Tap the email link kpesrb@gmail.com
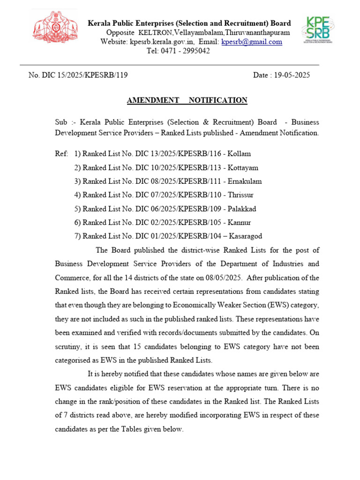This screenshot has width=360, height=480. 252,42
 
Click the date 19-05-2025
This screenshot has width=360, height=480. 293,75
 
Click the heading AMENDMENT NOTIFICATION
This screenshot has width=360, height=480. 187,100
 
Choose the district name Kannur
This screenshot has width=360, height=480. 238,222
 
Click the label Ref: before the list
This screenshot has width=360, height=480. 61,154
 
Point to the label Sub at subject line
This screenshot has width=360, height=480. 61,122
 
